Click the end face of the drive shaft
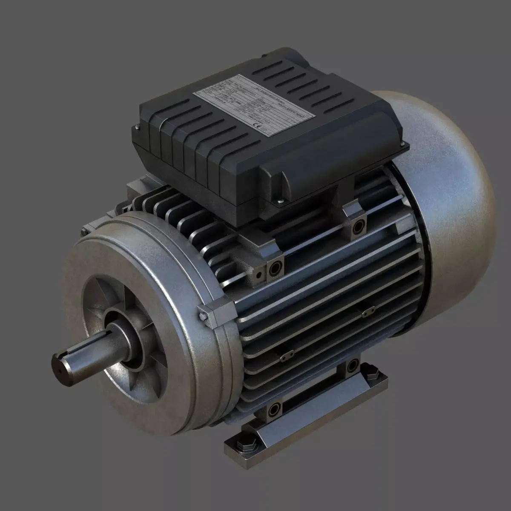click(x=62, y=365)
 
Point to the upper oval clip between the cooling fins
click(x=367, y=312)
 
